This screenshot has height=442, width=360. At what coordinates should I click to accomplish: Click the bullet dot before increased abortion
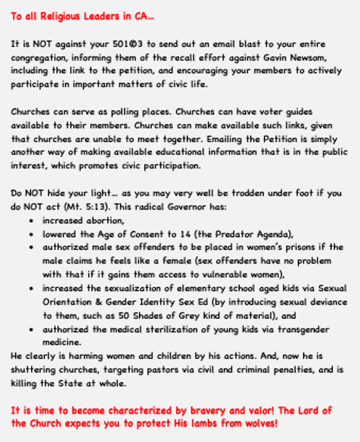(29, 221)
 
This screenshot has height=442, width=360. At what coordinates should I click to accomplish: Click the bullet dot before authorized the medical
(29, 329)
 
